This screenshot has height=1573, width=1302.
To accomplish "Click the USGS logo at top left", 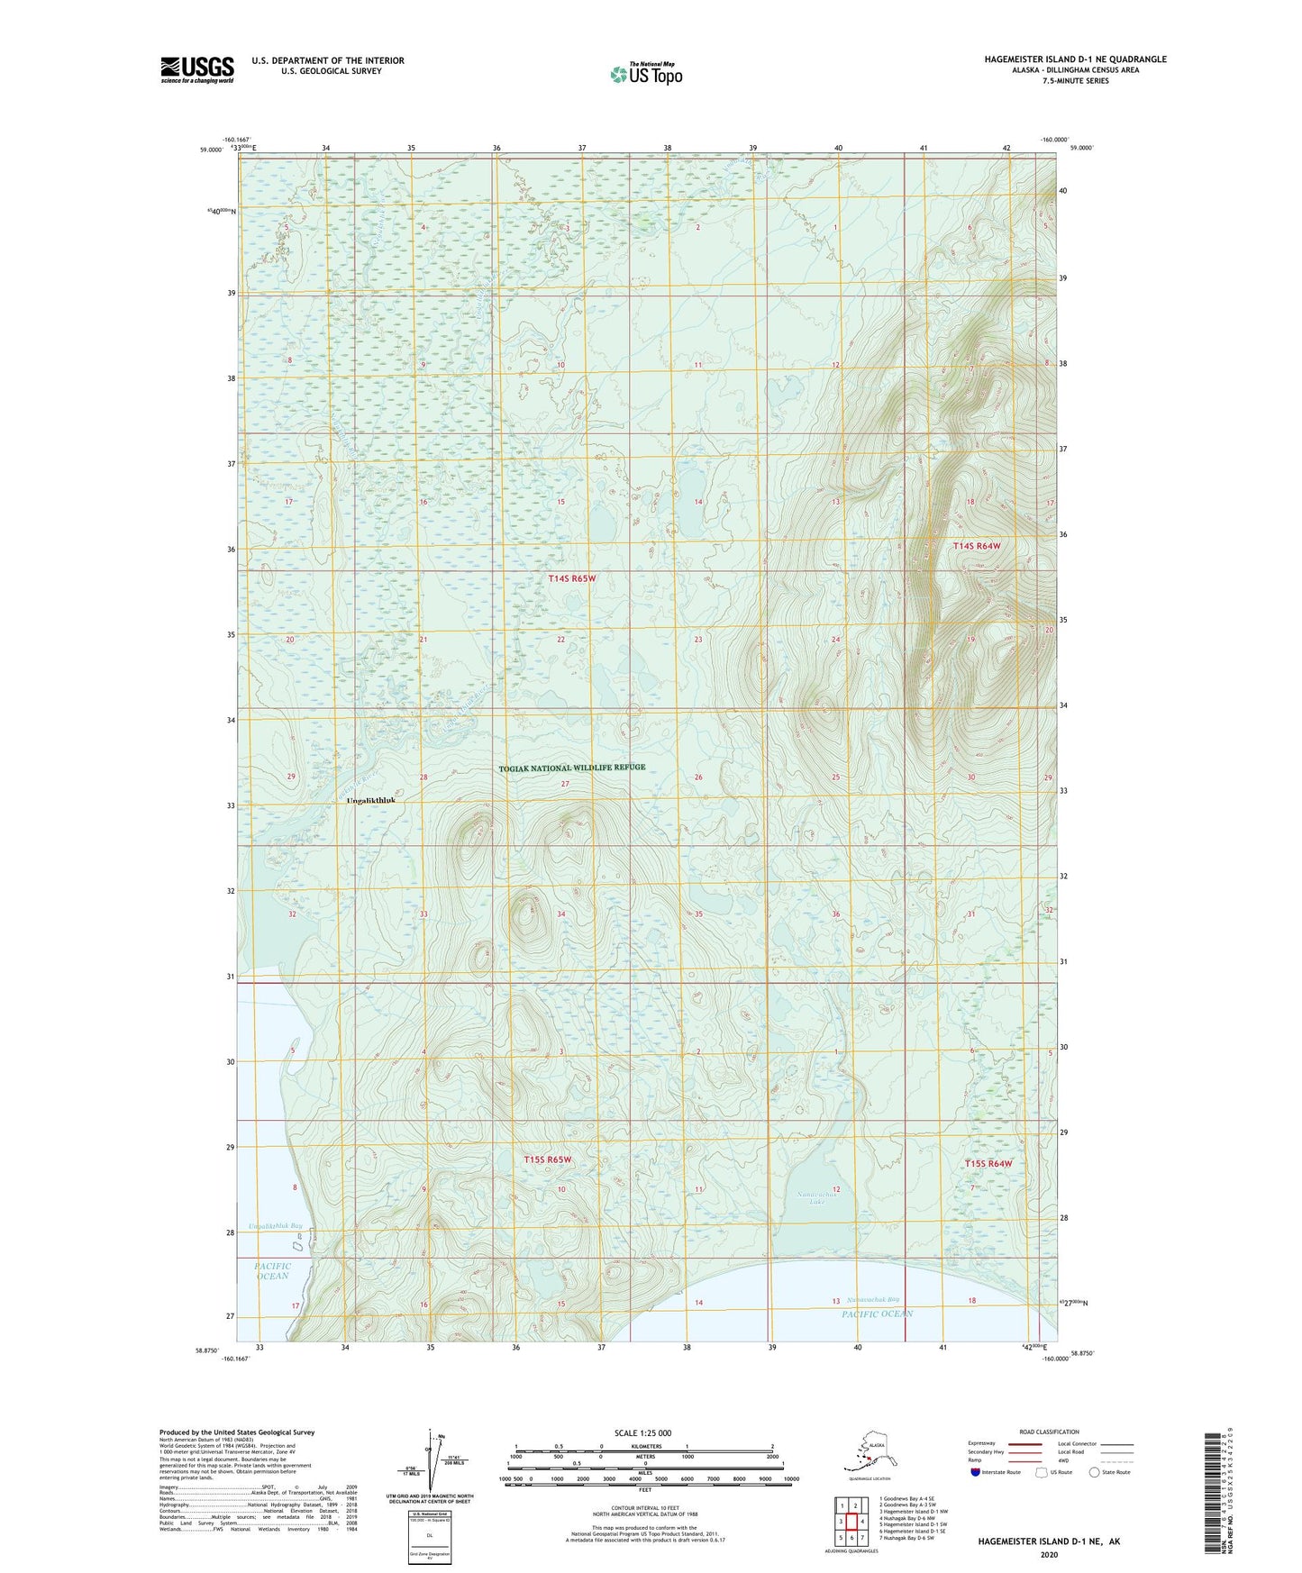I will [196, 69].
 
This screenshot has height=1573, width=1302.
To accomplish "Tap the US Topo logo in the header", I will [645, 73].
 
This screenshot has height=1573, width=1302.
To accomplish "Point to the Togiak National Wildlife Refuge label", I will [572, 768].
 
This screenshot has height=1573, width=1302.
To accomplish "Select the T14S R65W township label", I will [572, 578].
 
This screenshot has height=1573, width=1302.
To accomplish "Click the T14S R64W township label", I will [977, 546].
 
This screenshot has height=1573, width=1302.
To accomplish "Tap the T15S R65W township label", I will [548, 1159].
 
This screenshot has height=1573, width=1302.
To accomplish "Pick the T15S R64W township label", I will [988, 1163].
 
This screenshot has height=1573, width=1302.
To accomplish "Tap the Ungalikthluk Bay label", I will [276, 1226].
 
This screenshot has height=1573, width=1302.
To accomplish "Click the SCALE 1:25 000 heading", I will [642, 1433].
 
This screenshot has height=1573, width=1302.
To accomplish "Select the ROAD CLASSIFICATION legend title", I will [1049, 1432].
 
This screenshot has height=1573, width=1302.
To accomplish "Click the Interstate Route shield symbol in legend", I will [976, 1472].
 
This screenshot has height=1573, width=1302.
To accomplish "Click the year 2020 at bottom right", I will [1048, 1555].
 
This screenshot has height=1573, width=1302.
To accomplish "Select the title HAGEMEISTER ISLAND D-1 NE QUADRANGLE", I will [1075, 59].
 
